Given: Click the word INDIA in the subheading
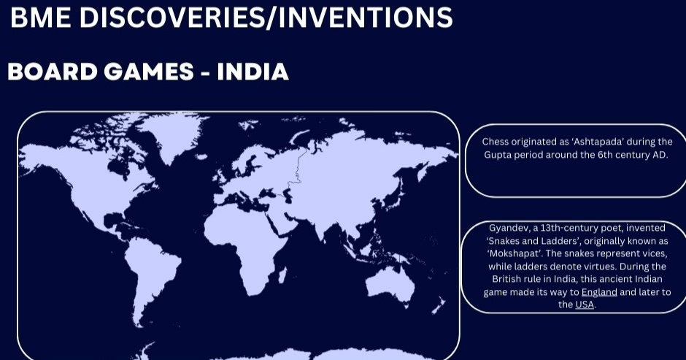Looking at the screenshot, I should (253, 72).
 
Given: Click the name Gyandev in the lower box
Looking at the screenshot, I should (508, 228).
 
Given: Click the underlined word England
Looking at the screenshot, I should (599, 292).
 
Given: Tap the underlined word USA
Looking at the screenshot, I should (585, 305).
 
